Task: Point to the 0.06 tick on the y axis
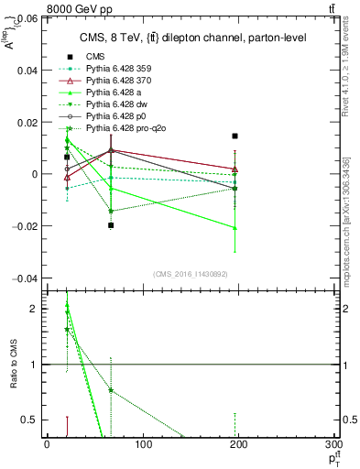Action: [x=28, y=18]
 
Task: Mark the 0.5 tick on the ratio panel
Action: [x=31, y=420]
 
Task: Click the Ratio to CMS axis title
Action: [x=12, y=364]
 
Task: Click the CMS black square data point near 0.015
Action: [x=235, y=136]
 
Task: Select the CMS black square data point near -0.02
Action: [x=111, y=225]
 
